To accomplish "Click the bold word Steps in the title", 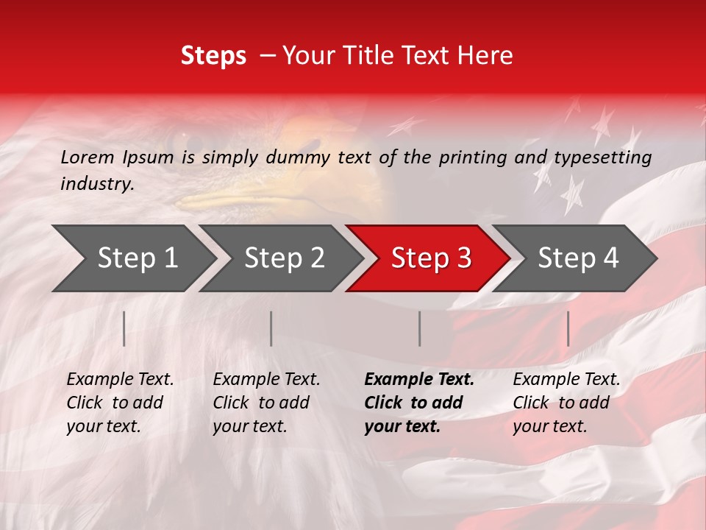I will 213,56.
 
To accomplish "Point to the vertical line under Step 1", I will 124,328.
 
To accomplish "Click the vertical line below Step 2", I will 271,328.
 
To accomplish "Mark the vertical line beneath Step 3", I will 420,328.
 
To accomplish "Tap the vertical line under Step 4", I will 568,328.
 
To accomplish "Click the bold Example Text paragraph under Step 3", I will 419,403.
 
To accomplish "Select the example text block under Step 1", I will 120,403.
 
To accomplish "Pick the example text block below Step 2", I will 266,403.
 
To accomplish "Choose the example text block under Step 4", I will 566,403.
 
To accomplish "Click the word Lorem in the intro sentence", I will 88,157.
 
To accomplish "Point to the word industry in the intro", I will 97,184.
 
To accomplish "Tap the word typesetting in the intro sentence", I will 602,158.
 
